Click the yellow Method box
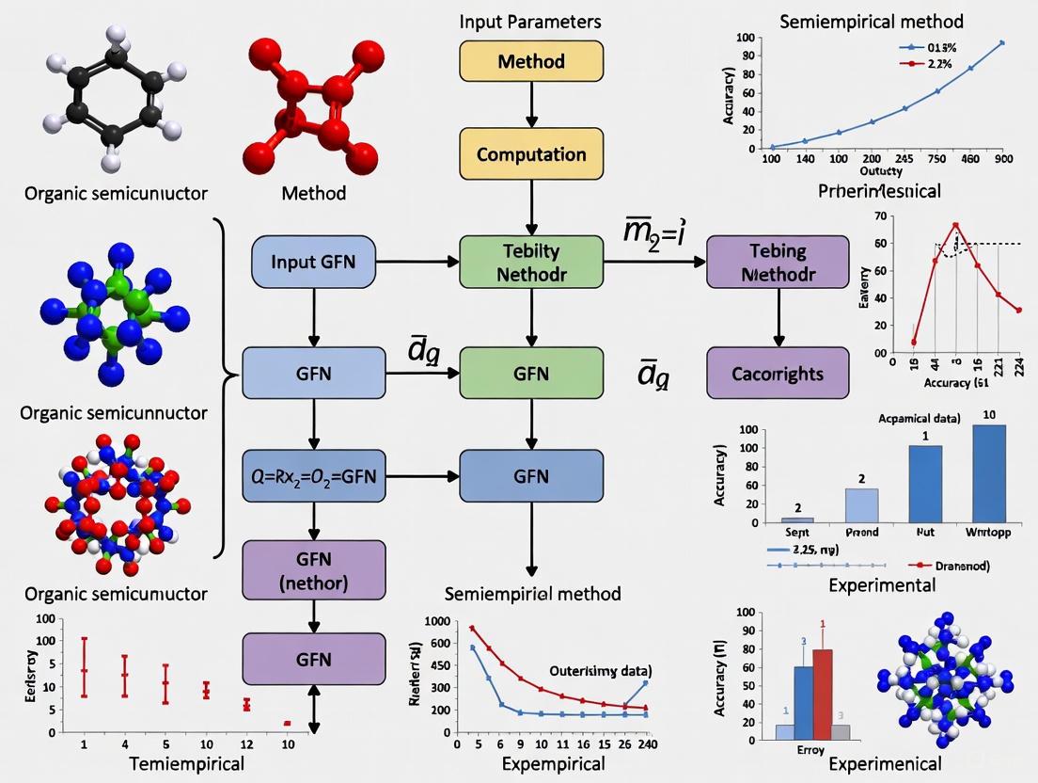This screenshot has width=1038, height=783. [x=531, y=62]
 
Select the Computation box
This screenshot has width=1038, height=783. [x=531, y=153]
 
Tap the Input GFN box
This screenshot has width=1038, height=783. [x=312, y=262]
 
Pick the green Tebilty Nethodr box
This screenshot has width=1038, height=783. [x=531, y=263]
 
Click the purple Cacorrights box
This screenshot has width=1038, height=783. [x=778, y=374]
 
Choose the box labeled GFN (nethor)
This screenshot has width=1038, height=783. [x=313, y=571]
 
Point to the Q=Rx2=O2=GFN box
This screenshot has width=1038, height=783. [x=313, y=475]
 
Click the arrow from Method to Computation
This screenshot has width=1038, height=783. [x=532, y=108]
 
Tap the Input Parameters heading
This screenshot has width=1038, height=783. [x=531, y=21]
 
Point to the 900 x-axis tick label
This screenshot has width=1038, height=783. [x=1002, y=159]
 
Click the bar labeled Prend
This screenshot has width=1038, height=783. [x=862, y=505]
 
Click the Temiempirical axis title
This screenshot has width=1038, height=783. [x=170, y=762]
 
